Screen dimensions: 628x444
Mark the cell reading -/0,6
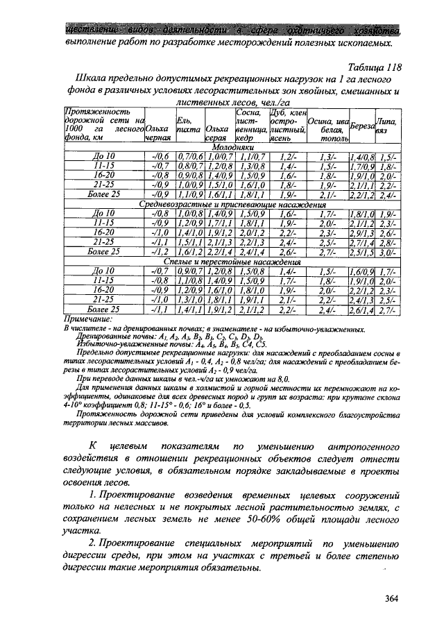159,158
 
